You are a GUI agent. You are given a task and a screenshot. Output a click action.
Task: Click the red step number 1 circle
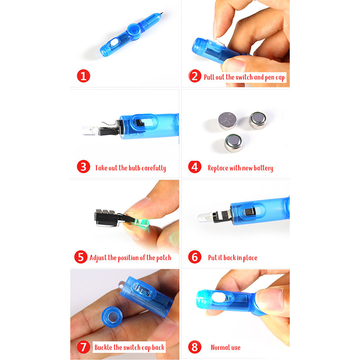83,76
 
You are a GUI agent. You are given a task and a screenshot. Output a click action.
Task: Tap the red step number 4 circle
195,166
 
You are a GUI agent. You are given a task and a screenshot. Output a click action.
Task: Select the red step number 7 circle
83,347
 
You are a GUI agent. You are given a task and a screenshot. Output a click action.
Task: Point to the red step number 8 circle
195,347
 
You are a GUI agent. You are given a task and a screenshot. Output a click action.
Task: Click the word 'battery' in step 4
263,168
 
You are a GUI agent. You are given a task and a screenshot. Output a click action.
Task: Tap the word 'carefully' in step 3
153,168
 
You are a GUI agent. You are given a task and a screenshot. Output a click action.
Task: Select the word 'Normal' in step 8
220,347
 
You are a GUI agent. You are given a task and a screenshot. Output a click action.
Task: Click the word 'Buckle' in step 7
103,347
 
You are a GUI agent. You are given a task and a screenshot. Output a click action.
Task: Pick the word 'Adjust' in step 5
98,258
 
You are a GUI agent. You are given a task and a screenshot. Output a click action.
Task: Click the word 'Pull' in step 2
209,77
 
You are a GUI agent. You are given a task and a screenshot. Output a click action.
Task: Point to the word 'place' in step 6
250,258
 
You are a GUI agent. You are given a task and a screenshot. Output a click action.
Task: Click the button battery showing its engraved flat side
227,121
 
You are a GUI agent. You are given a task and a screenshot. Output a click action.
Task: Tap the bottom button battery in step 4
233,143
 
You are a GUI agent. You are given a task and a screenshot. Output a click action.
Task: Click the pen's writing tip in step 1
162,13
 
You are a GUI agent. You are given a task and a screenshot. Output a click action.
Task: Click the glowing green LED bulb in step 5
142,223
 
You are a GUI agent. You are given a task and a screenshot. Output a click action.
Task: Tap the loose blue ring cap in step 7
112,317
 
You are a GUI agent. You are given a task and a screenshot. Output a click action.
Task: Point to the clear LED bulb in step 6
205,217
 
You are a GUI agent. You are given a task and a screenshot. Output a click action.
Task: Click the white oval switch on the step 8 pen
219,297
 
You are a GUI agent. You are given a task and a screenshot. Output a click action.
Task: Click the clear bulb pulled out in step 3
90,130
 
